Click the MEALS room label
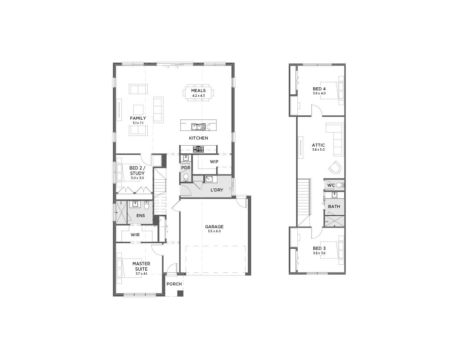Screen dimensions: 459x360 pyautogui.click(x=198, y=91)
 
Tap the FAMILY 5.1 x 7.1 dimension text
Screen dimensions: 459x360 pyautogui.click(x=138, y=123)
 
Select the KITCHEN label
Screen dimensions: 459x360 pyautogui.click(x=199, y=138)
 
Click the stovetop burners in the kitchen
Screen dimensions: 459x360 pyautogui.click(x=198, y=149)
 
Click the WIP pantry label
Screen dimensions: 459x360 pyautogui.click(x=214, y=162)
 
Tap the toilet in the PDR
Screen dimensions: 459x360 pyautogui.click(x=186, y=177)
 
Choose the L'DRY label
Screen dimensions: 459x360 pyautogui.click(x=217, y=190)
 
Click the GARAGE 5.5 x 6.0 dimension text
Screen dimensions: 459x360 pyautogui.click(x=214, y=231)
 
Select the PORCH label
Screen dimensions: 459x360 pyautogui.click(x=174, y=284)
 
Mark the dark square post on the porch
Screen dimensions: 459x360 pyautogui.click(x=180, y=293)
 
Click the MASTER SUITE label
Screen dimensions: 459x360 pyautogui.click(x=141, y=266)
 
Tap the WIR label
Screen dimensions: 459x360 pyautogui.click(x=135, y=235)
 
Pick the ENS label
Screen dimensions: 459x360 pyautogui.click(x=141, y=215)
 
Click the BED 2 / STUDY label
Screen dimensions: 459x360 pyautogui.click(x=137, y=171)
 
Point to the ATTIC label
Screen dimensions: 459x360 pyautogui.click(x=318, y=145)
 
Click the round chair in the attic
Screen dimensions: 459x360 pyautogui.click(x=335, y=168)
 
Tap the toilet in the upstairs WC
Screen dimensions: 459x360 pyautogui.click(x=340, y=185)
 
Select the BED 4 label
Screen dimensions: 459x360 pyautogui.click(x=319, y=89)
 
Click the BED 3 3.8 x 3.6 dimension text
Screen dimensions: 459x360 pyautogui.click(x=319, y=253)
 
